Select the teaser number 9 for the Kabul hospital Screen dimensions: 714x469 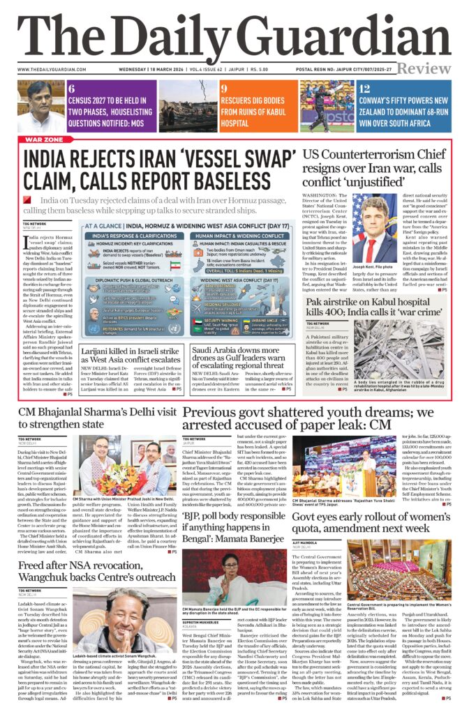224,89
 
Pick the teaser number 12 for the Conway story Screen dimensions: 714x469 364,89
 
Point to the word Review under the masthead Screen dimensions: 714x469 425,68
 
